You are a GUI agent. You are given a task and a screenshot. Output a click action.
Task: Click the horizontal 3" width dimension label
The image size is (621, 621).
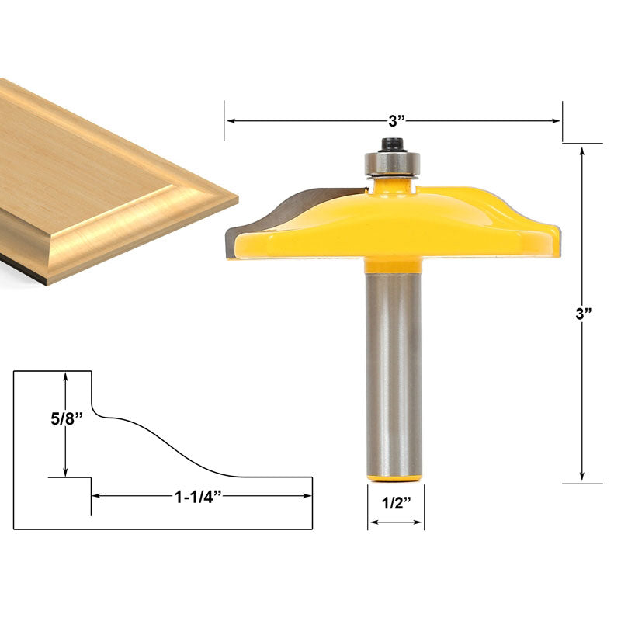pos(397,121)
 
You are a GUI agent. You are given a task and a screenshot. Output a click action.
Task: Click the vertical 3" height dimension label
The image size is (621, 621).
pos(583,315)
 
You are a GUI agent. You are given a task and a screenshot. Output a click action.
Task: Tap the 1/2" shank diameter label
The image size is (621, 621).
pos(396,502)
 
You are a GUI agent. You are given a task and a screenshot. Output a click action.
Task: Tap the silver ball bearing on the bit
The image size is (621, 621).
pos(393,165)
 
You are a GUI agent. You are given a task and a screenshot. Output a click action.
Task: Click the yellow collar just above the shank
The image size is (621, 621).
pos(393,265)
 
